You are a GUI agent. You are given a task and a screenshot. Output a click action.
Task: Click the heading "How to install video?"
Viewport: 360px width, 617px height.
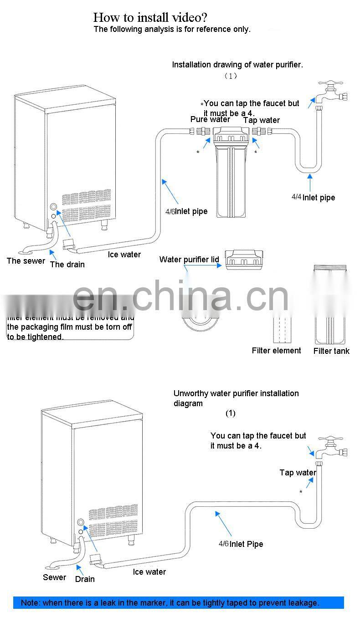[x=150, y=18]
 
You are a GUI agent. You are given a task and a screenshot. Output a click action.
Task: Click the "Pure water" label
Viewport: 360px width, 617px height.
[x=210, y=119]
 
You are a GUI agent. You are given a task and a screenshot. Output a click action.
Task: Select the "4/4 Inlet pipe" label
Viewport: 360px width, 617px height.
[x=313, y=197]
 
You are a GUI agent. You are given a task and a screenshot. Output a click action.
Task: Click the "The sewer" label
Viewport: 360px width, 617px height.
[x=26, y=261]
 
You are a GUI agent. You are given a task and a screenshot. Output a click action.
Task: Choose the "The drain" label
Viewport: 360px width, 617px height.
[x=67, y=264]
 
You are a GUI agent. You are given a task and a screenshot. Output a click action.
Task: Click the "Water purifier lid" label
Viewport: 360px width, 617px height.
[x=189, y=260]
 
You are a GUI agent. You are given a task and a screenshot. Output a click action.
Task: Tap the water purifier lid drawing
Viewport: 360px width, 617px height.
[x=245, y=259]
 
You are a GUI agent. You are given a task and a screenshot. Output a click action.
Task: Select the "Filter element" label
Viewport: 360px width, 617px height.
[x=276, y=350]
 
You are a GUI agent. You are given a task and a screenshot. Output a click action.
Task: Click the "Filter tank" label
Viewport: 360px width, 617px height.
[x=331, y=351]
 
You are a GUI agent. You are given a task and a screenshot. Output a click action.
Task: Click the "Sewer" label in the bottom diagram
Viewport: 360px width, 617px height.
[x=54, y=577]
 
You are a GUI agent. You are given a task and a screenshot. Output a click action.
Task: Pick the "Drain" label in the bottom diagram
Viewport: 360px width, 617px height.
[x=85, y=579]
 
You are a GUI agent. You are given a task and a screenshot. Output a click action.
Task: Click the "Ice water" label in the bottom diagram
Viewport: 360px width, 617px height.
[x=149, y=571]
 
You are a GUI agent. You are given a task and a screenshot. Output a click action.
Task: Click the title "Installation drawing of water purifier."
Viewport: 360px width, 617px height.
[x=237, y=65]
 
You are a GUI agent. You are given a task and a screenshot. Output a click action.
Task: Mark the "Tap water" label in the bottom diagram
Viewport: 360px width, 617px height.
[x=298, y=473]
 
